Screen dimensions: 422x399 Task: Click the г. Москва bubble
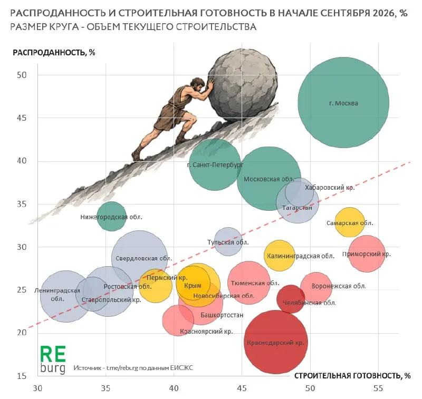[343, 102]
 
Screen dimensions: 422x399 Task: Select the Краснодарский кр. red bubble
[276, 342]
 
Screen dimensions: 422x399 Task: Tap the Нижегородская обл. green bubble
[111, 216]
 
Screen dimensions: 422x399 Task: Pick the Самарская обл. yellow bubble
[350, 222]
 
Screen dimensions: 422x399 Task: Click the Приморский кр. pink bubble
[367, 254]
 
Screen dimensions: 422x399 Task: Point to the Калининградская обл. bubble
[280, 256]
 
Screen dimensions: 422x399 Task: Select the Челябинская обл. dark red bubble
[291, 299]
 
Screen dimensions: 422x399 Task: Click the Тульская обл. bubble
[228, 241]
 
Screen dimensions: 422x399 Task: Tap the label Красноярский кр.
[206, 331]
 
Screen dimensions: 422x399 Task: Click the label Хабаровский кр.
[330, 188]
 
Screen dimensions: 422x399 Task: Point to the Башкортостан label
[222, 315]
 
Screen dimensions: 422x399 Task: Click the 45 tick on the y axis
[22, 118]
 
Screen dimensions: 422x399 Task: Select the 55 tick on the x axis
[378, 388]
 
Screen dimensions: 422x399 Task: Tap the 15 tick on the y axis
[22, 376]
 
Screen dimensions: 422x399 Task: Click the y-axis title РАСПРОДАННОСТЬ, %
[54, 52]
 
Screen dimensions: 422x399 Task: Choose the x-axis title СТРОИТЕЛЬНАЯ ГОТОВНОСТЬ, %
[352, 376]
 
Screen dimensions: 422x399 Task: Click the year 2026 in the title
[383, 13]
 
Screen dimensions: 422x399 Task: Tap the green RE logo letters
[53, 354]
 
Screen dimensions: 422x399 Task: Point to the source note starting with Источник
[133, 367]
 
